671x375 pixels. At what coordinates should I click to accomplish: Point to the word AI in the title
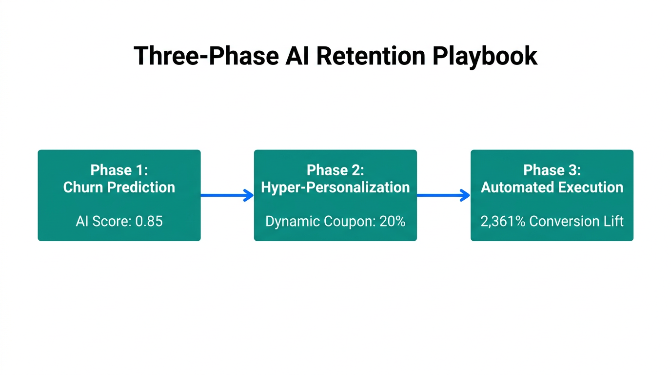click(296, 56)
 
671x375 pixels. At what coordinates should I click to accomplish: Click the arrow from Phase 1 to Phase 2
click(227, 195)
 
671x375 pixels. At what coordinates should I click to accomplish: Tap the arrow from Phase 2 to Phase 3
click(443, 195)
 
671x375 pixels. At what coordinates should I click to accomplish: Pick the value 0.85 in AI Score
click(149, 221)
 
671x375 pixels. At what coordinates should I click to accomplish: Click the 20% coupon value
click(393, 221)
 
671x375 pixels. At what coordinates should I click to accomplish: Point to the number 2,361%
click(503, 221)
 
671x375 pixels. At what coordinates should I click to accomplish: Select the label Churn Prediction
click(119, 187)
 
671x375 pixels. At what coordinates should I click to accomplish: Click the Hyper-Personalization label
click(335, 187)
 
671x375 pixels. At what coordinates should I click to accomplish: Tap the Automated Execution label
click(552, 187)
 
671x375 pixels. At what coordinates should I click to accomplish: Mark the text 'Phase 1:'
click(119, 170)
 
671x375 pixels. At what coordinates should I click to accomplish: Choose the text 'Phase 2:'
click(335, 170)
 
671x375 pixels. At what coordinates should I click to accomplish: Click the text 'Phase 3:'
click(552, 170)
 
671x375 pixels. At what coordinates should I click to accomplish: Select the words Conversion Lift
click(576, 221)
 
